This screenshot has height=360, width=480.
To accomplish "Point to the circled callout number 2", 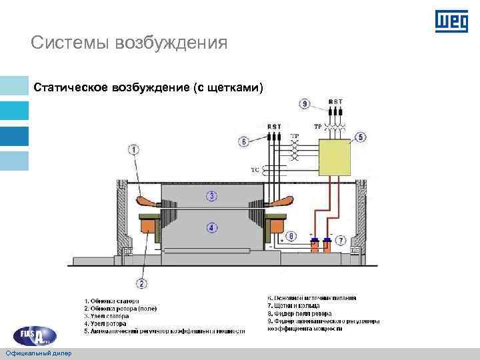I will (x=141, y=283).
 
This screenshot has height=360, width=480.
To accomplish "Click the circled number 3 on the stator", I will (x=211, y=196).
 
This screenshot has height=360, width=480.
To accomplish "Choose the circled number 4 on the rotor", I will (x=211, y=228).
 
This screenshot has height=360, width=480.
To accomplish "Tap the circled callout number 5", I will (x=361, y=137).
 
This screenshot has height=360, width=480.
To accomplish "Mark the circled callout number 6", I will (x=243, y=141).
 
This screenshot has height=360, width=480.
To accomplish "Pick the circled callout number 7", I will (x=340, y=239).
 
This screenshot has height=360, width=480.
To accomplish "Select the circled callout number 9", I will (x=305, y=103).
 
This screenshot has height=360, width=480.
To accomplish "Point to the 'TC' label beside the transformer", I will (x=255, y=170).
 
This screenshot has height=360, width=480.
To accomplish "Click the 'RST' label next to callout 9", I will (x=335, y=101).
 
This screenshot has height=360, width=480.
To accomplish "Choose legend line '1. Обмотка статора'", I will (x=111, y=301).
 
